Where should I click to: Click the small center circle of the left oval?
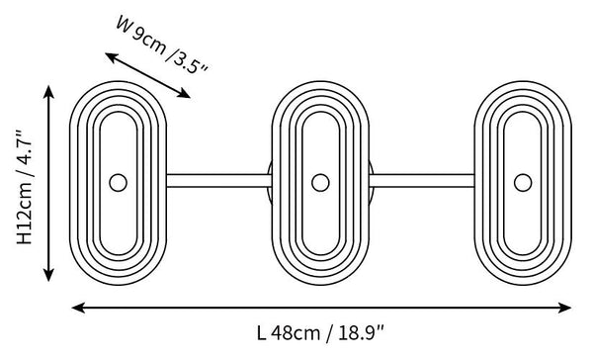(x=118, y=182)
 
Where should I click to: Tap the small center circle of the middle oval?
(x=320, y=182)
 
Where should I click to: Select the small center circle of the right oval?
(x=523, y=182)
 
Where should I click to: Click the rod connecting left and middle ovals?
(x=219, y=181)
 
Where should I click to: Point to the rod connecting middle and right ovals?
(x=422, y=181)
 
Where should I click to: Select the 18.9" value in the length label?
(x=361, y=333)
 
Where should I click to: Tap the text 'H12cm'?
(x=25, y=213)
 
